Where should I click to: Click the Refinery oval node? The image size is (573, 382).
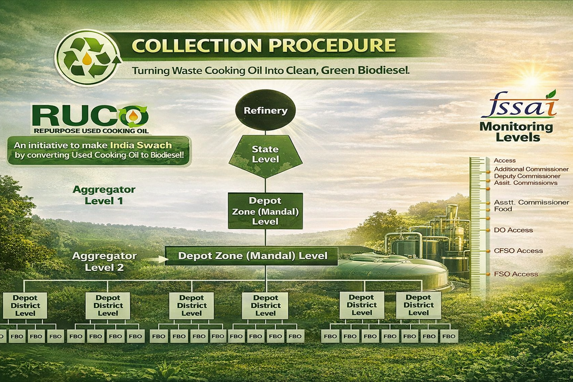tap(265, 111)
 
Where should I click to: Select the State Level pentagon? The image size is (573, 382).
tap(265, 156)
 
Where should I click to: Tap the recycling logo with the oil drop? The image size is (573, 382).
tap(88, 58)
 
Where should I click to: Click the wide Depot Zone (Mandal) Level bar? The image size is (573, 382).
tap(251, 256)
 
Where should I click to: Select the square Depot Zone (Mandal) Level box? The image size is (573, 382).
tap(265, 211)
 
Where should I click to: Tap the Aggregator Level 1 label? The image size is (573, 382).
tap(104, 195)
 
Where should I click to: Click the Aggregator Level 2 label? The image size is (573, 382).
tap(104, 262)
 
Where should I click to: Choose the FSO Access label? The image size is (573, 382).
tap(516, 274)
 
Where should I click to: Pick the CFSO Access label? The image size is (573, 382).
tap(518, 251)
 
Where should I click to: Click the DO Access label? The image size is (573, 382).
tap(513, 230)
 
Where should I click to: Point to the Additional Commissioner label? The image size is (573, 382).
tap(531, 169)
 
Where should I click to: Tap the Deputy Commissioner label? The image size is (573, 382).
tap(527, 176)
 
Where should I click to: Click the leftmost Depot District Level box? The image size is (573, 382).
tap(25, 306)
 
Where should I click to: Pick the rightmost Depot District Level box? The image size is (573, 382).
tap(419, 305)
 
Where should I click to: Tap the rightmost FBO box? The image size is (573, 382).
tap(449, 336)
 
